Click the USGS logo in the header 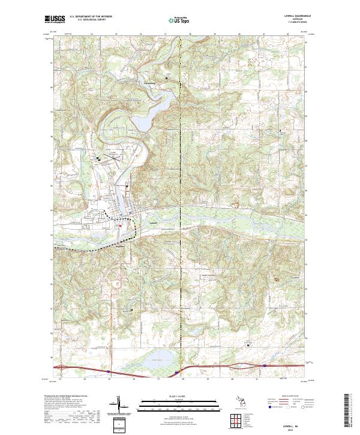55,19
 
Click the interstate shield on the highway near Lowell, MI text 264,365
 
